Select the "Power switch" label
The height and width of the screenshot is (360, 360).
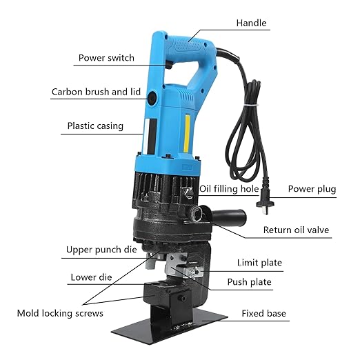(106, 58)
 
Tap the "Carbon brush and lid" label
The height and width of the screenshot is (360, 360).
(95, 92)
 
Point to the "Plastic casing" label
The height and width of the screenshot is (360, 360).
(94, 126)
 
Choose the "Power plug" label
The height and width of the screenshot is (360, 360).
(312, 188)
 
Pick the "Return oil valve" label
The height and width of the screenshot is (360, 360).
(297, 230)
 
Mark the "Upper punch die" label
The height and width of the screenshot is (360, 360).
(103, 250)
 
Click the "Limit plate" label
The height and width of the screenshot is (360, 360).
(259, 263)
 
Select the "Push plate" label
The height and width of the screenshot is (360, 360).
(249, 281)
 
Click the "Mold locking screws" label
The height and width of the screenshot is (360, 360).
(60, 313)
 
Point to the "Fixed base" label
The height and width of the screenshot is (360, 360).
(263, 313)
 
